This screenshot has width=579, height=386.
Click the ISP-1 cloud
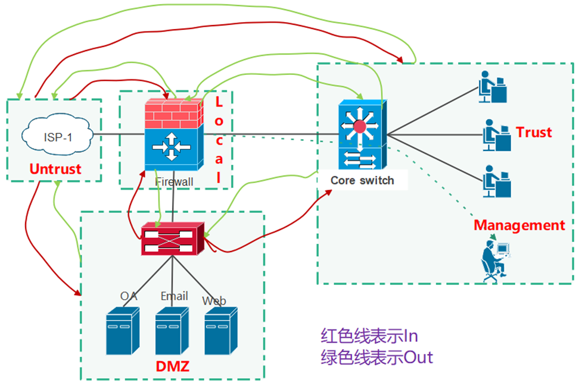point(57,135)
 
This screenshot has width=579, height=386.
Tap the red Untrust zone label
point(55,169)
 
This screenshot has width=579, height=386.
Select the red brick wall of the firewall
point(174,114)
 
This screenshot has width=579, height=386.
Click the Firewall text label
point(174,182)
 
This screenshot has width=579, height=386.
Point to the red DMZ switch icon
point(172,238)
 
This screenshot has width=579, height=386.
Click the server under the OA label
point(123,331)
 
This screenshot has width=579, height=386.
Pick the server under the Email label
point(172,331)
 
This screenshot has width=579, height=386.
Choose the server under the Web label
point(221,331)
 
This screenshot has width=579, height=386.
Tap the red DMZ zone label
point(172,366)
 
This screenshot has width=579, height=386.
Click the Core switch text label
point(362,180)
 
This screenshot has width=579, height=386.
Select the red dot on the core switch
point(359,127)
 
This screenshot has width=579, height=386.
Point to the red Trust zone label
point(534,132)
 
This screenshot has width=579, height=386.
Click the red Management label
point(519,225)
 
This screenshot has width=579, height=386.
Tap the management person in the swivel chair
point(496,261)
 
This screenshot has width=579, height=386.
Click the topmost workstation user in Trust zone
point(493,87)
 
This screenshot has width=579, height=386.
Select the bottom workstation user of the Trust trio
point(497,181)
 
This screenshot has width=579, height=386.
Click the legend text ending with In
point(369,336)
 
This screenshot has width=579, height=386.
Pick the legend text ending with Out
point(376,357)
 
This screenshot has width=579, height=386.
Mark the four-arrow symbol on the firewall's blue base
point(172,147)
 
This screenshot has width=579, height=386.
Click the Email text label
point(175,296)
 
